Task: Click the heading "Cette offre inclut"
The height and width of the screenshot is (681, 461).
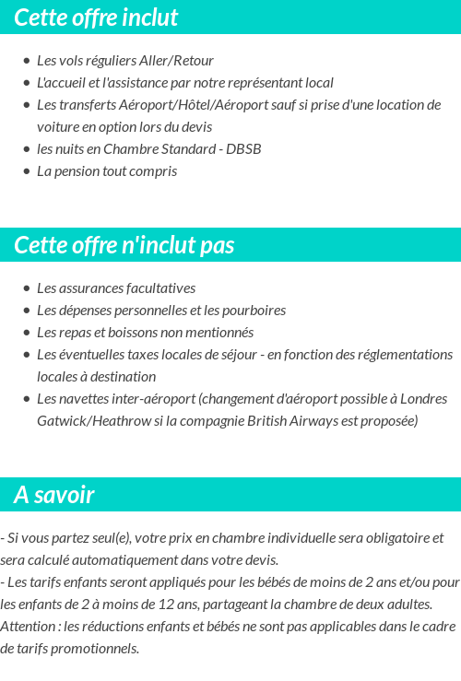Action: point(96,18)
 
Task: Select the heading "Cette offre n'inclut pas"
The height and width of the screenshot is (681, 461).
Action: point(124,245)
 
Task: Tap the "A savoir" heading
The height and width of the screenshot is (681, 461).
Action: point(54,495)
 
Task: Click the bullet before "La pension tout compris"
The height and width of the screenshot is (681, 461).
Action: point(26,171)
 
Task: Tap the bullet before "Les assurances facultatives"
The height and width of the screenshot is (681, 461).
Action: point(26,288)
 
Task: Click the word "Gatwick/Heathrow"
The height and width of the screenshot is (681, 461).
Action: point(89,420)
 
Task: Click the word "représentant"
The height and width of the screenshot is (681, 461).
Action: point(260,82)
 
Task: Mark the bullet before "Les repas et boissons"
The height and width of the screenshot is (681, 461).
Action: point(26,333)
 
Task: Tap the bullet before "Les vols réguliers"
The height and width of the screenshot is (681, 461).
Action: point(26,61)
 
